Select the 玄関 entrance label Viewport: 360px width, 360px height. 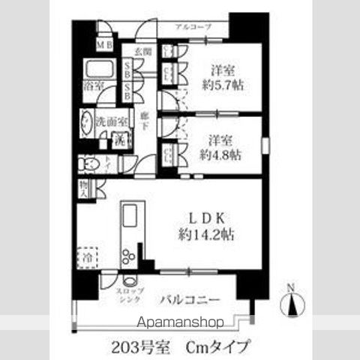143,51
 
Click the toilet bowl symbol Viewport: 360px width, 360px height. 90,163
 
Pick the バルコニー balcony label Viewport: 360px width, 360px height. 191,300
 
